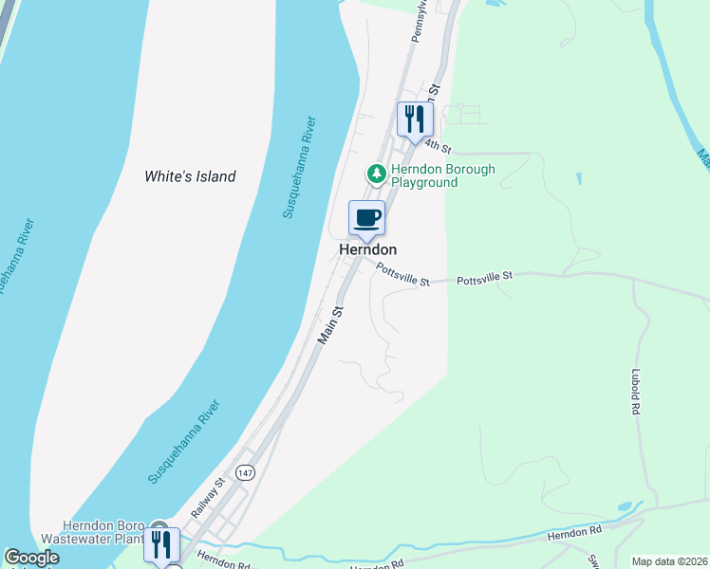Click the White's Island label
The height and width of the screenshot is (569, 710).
[190, 176]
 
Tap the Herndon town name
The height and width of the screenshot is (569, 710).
[367, 249]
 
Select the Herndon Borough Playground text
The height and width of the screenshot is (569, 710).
[444, 176]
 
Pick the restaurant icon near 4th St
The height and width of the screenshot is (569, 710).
[415, 119]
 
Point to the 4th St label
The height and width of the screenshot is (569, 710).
[437, 145]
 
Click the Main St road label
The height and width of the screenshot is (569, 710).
[330, 324]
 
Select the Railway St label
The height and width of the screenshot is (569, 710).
[207, 498]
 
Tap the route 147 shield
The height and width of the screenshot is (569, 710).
[246, 472]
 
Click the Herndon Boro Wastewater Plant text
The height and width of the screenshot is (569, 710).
[103, 532]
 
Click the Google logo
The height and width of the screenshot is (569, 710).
[31, 559]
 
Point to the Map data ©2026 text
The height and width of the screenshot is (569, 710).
[669, 561]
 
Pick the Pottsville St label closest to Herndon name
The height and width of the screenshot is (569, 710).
[402, 275]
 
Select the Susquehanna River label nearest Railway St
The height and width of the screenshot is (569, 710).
[185, 443]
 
